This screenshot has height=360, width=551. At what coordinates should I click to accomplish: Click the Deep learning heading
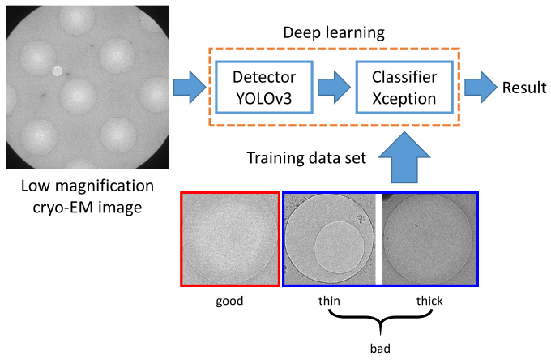pyautogui.click(x=333, y=33)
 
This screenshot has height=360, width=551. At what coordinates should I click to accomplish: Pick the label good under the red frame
pyautogui.click(x=229, y=301)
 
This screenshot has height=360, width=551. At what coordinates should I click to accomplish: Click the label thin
pyautogui.click(x=328, y=301)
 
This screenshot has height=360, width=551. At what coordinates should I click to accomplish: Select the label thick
pyautogui.click(x=429, y=301)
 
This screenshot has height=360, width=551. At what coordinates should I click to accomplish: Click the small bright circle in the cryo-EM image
pyautogui.click(x=57, y=71)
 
